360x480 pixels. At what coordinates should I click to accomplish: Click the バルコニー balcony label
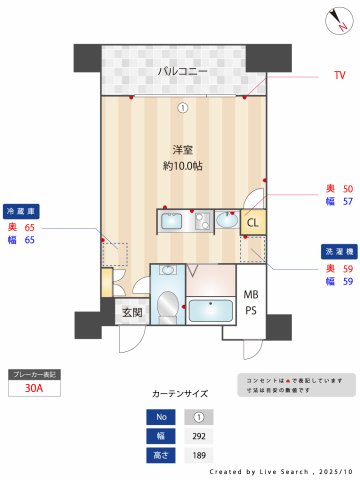point(181,72)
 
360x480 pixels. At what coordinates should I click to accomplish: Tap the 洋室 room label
point(181,149)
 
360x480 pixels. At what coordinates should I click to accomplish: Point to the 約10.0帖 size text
point(181,166)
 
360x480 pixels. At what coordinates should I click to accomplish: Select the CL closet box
point(253,223)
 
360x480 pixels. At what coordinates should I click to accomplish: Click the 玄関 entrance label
point(132,313)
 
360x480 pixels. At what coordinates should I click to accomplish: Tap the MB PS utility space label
point(251,302)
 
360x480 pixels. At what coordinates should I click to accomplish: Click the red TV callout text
point(339,75)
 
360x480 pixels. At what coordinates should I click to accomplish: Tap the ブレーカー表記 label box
point(33,373)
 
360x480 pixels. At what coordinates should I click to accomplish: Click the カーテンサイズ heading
point(180,394)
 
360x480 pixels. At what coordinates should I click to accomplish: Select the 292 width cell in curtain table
point(198,436)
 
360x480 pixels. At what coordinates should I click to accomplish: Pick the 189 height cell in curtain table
point(198,455)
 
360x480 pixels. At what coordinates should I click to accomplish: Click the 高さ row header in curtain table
point(160,455)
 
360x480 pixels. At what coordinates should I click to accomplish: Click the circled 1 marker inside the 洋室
point(182,108)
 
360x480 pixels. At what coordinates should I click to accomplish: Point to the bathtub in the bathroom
point(210,310)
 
